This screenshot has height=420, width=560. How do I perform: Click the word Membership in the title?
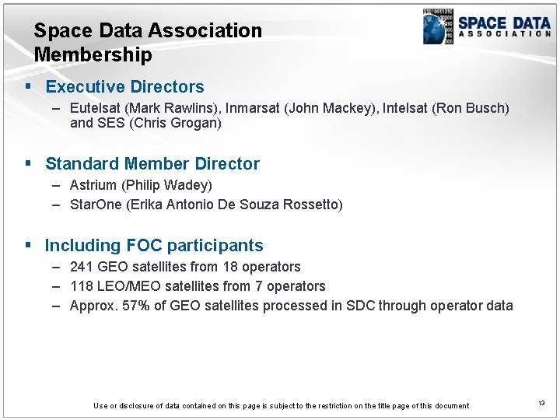click(x=93, y=55)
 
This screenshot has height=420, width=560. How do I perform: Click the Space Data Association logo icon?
click(x=438, y=26)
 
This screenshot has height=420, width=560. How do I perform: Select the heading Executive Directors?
click(x=124, y=87)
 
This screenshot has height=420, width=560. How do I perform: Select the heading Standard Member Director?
click(x=152, y=164)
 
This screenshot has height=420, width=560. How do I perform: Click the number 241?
click(x=82, y=267)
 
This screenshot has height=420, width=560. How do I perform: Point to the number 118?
click(x=81, y=286)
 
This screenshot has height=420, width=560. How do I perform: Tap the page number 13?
click(x=541, y=403)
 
